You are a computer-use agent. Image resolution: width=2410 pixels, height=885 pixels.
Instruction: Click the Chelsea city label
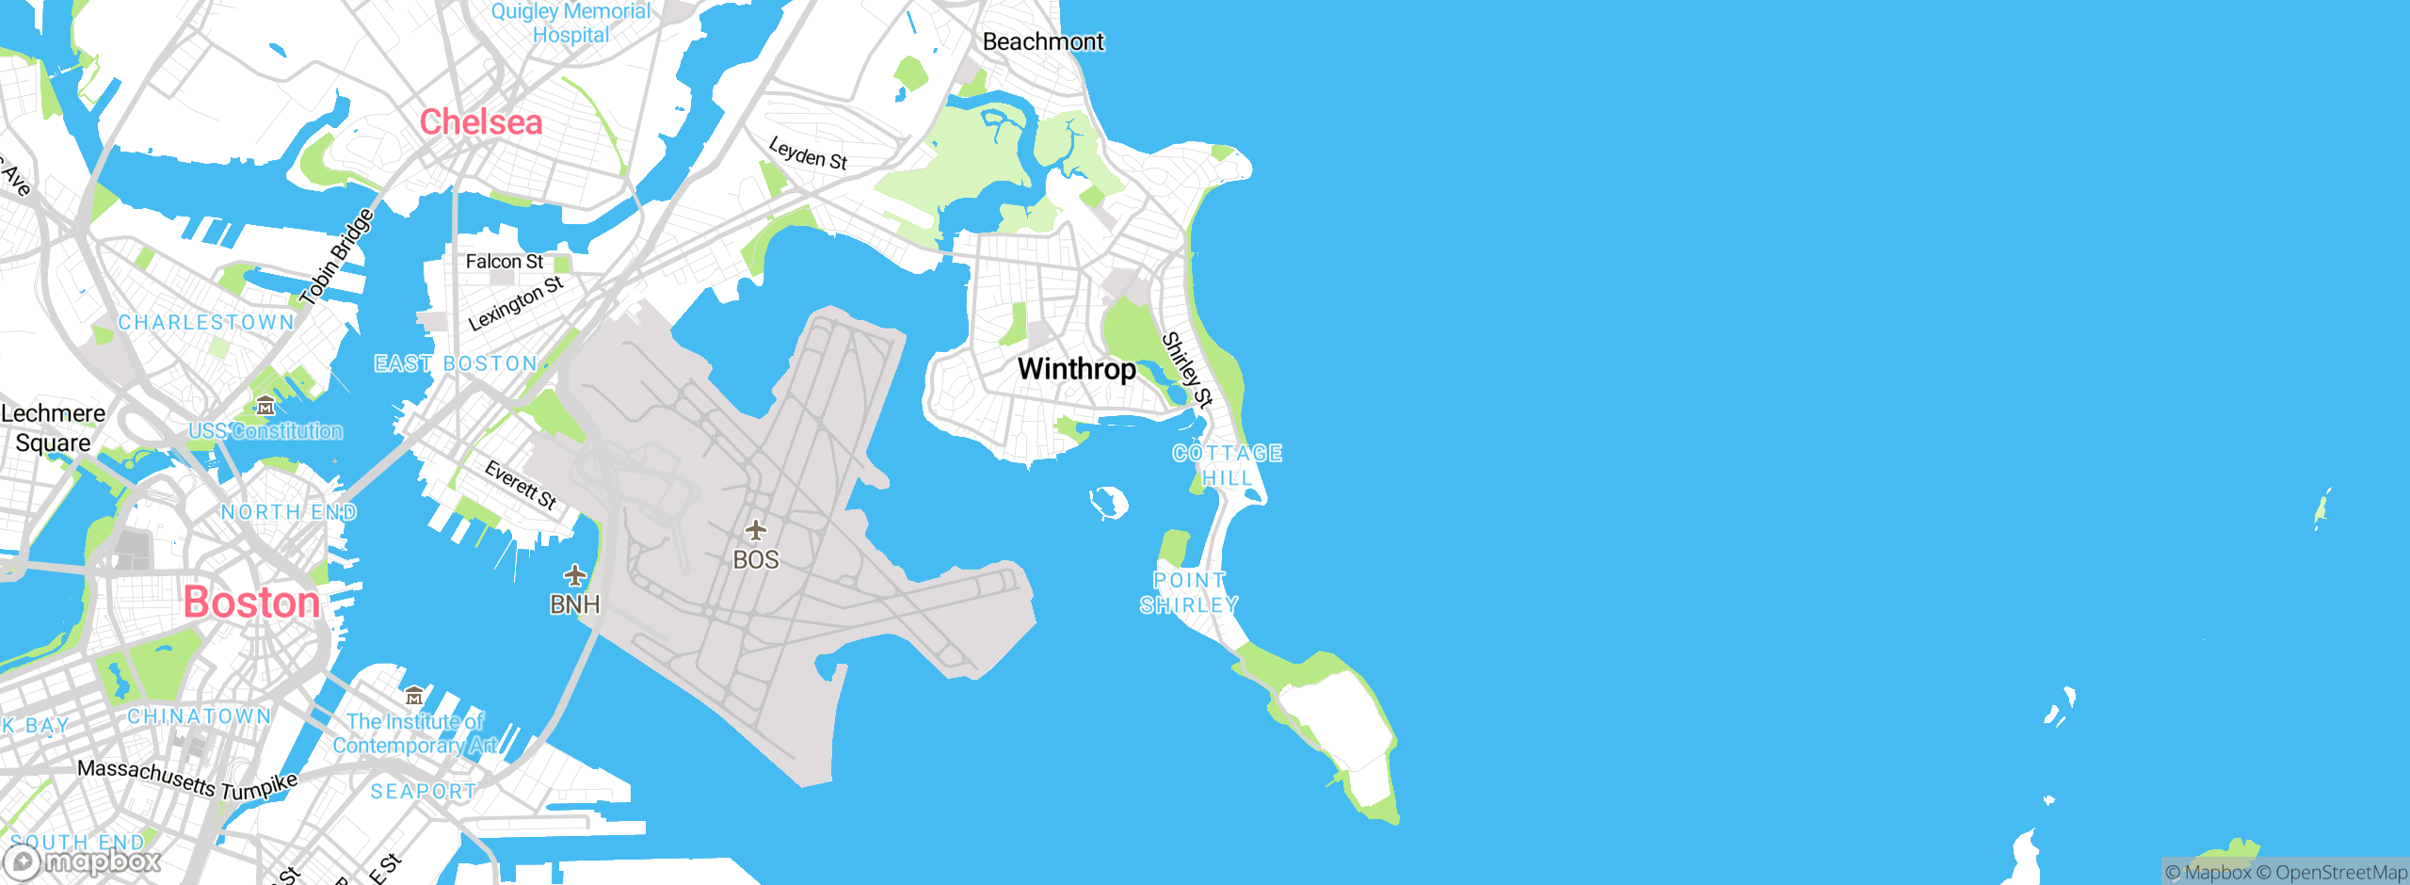pos(480,122)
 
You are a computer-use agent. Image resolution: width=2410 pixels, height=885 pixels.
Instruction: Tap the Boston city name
pos(251,603)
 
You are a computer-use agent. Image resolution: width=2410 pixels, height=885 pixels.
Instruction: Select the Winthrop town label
pos(1076,369)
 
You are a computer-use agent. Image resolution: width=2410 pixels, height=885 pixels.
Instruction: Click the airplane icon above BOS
pos(755,530)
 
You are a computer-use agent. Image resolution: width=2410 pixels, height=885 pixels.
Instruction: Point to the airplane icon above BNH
pos(574,574)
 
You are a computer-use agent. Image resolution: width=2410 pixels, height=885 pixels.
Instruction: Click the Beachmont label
pos(1042,41)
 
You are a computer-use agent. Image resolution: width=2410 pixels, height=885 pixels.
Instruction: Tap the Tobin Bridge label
pos(336,257)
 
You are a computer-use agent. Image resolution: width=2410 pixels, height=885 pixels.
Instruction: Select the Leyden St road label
pos(808,153)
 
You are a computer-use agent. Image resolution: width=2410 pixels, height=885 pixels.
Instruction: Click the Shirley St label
pos(1186,369)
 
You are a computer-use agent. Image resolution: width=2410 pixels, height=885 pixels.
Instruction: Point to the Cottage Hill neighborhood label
pos(1227,465)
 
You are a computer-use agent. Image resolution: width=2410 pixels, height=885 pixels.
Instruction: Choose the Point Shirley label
pos(1189,592)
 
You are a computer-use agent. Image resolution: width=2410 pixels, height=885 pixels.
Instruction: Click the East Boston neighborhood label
pos(456,363)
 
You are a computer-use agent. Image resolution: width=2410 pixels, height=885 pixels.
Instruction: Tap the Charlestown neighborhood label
pos(206,322)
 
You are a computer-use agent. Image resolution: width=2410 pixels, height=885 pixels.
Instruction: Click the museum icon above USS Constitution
pos(265,407)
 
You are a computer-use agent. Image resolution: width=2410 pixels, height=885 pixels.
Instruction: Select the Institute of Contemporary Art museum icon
pos(413,697)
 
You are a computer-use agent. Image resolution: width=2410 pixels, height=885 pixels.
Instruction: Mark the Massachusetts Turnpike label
pos(186,780)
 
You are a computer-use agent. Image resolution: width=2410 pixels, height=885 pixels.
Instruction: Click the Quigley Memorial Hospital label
pos(570,23)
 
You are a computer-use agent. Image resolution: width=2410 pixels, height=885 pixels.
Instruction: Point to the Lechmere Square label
pos(53,427)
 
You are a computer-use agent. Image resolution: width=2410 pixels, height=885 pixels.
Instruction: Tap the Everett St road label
pos(521,484)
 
